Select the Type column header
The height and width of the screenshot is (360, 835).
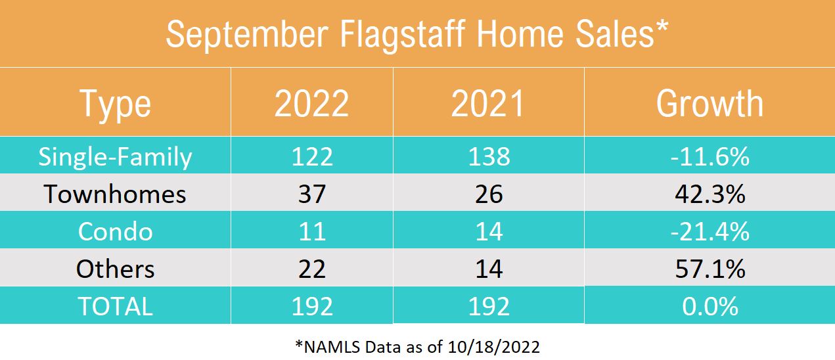116,104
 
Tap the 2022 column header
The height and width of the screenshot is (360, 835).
312,104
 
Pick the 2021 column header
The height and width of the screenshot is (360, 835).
489,104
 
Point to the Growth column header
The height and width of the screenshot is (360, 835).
710,104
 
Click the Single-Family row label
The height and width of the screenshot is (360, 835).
116,156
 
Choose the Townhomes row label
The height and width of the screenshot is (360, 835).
116,194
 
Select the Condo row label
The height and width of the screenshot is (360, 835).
116,231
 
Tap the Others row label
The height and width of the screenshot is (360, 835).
116,269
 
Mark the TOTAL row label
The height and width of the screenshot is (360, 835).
116,306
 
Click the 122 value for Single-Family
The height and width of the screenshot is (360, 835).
312,156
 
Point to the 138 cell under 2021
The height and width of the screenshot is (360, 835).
489,156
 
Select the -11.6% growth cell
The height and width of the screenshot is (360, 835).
710,156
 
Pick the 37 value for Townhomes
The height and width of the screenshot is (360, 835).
312,194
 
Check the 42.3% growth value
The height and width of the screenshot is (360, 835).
710,194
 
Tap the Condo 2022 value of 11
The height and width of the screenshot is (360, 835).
312,231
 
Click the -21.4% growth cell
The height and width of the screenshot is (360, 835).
710,231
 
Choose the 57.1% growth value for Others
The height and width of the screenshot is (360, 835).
710,269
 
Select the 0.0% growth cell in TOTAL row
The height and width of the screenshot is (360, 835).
710,306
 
